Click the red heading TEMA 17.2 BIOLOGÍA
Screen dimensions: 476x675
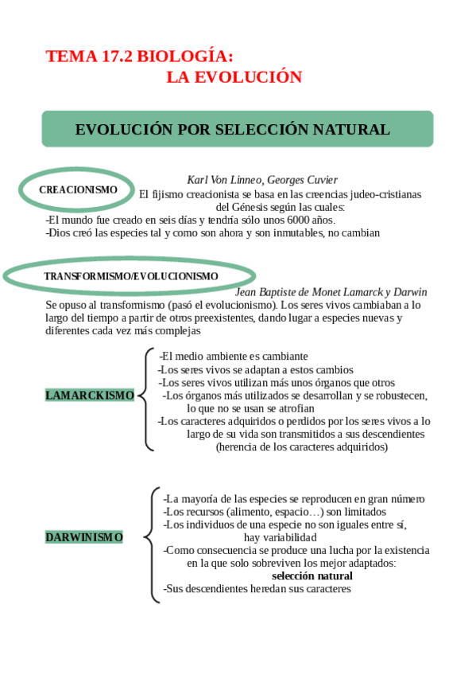[140, 57]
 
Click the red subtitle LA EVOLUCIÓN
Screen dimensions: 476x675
[234, 77]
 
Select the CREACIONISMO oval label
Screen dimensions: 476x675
[78, 189]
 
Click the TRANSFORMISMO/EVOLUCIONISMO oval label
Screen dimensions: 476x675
[130, 275]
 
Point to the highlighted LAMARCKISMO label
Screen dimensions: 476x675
[90, 395]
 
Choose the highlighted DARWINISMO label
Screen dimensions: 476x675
[84, 537]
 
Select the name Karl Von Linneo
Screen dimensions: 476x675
[224, 180]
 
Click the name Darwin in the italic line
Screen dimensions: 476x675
[410, 292]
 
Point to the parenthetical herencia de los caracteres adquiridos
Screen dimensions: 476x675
[302, 447]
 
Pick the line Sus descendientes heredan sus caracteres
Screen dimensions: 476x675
[257, 588]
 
